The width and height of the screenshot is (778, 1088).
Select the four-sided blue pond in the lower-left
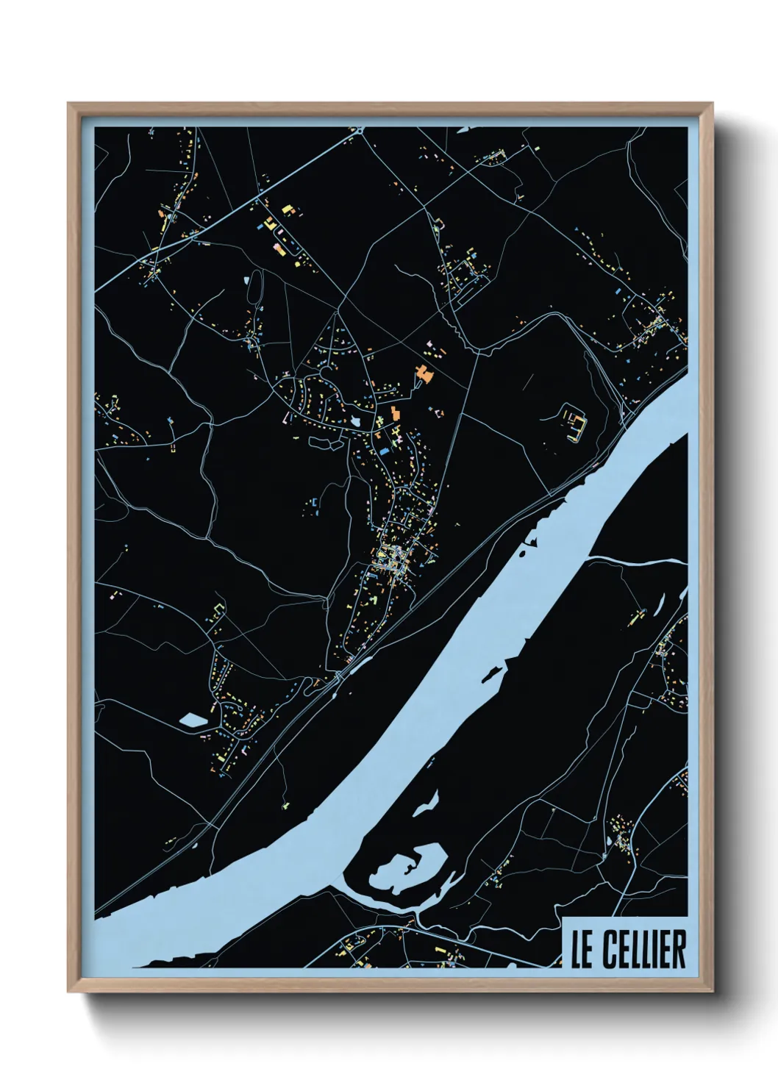[x=193, y=720]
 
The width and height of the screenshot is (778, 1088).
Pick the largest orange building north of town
[x=423, y=373]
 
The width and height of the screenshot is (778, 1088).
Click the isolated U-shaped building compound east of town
[x=574, y=422]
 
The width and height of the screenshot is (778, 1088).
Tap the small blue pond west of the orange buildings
[x=357, y=420]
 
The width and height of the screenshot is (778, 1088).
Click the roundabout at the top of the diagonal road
[x=360, y=130]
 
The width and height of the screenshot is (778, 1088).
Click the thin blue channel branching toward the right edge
[x=640, y=562]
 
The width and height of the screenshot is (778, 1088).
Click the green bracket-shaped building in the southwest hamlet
[x=218, y=608]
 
